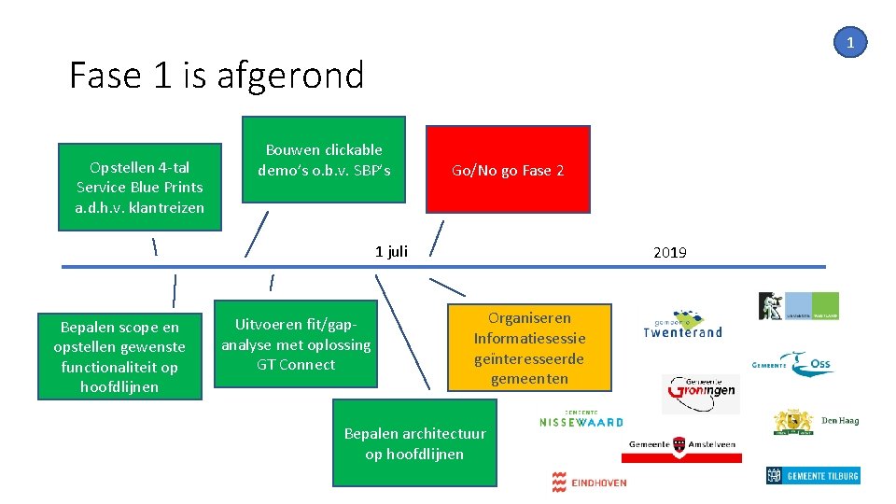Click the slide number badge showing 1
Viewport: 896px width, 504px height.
pyautogui.click(x=850, y=42)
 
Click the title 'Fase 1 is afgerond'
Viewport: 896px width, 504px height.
pyautogui.click(x=217, y=75)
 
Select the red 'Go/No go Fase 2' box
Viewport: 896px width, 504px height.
pyautogui.click(x=508, y=170)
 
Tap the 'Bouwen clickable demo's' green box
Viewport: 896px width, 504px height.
pyautogui.click(x=324, y=159)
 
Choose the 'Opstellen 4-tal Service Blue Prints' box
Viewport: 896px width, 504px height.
pyautogui.click(x=139, y=186)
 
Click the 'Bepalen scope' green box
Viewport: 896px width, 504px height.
pyautogui.click(x=119, y=357)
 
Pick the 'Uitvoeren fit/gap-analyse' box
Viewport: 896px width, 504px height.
pyautogui.click(x=296, y=343)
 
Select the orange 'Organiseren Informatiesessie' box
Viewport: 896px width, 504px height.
pyautogui.click(x=529, y=347)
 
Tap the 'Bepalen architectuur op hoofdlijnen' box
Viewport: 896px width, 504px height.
pyautogui.click(x=414, y=443)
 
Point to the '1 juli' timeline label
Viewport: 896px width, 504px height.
pyautogui.click(x=391, y=251)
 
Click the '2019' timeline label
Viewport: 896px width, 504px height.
pyautogui.click(x=670, y=252)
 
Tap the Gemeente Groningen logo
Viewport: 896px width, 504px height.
pyautogui.click(x=700, y=393)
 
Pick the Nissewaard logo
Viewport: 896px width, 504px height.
pyautogui.click(x=581, y=419)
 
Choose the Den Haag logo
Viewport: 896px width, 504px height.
pyautogui.click(x=816, y=422)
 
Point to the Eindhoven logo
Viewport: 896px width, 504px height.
pyautogui.click(x=589, y=482)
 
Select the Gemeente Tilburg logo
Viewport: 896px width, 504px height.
pyautogui.click(x=812, y=476)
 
